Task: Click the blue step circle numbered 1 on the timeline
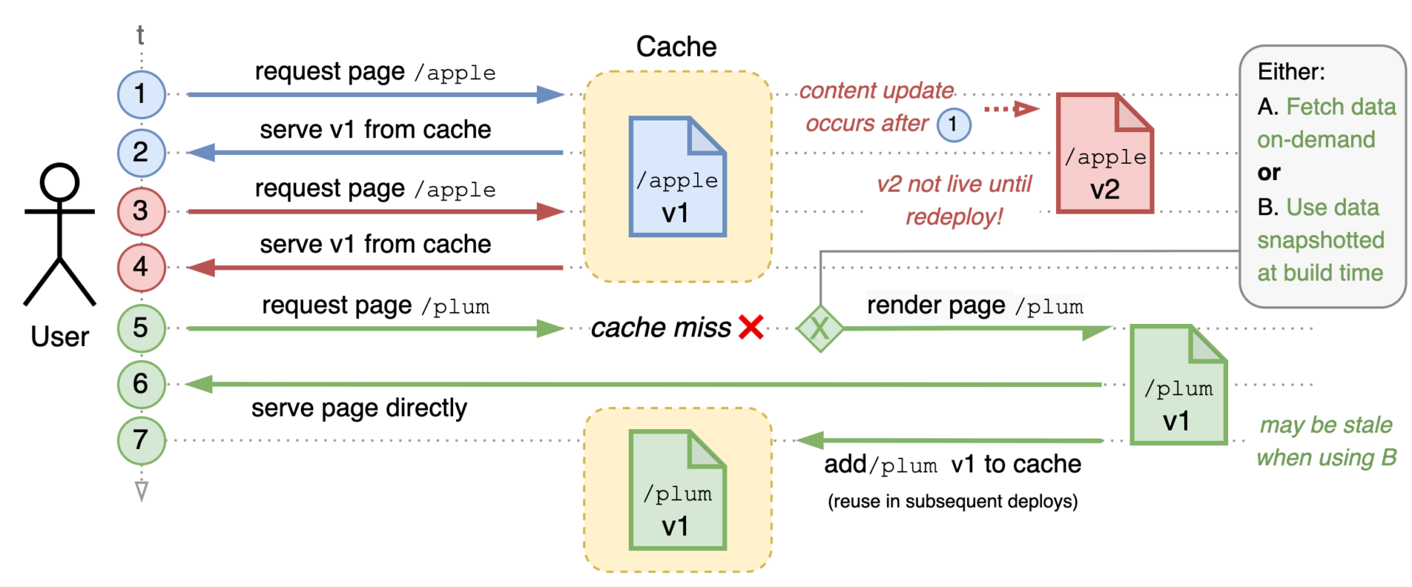[141, 94]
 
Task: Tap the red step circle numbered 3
[141, 211]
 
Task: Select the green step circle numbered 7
[141, 440]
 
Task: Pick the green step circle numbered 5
[141, 328]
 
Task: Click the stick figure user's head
[60, 182]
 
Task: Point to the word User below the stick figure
[60, 336]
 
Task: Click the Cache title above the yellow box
[676, 47]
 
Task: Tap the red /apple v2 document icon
[1105, 154]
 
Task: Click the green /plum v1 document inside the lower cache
[677, 490]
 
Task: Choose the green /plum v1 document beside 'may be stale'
[1178, 385]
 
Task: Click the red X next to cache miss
[751, 328]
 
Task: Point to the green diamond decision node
[820, 328]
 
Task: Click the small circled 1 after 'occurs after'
[953, 124]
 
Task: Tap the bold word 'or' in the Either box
[1269, 173]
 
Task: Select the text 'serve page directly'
[359, 408]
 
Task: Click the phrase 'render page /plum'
[974, 306]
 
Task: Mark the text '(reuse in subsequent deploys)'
[952, 502]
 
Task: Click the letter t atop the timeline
[140, 35]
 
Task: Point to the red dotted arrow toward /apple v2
[1011, 109]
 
